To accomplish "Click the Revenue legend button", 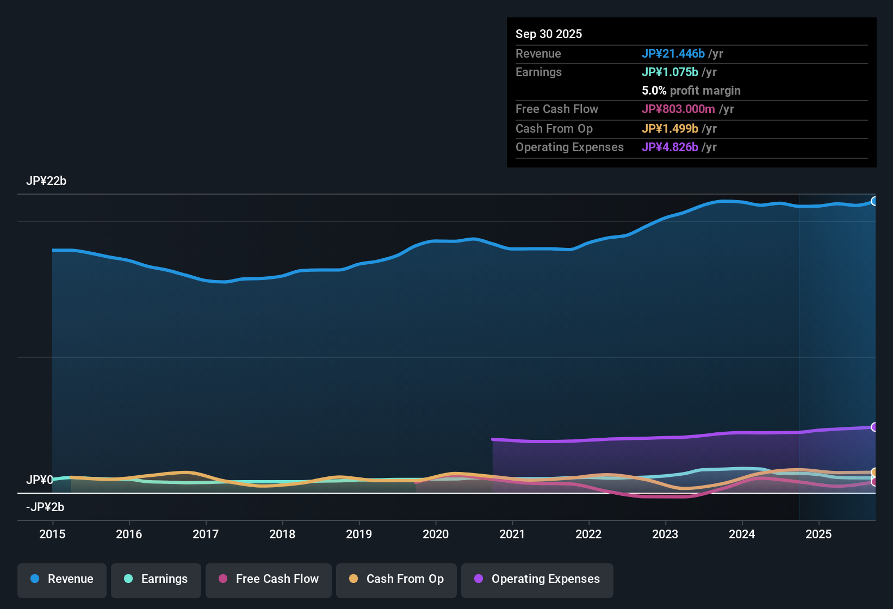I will point(62,579).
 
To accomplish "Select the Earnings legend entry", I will point(156,579).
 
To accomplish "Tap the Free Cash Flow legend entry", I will point(269,579).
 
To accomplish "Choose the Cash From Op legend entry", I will point(396,579).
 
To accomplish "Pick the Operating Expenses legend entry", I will point(537,579).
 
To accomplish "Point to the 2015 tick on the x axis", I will point(52,534).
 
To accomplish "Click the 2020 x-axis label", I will point(436,534).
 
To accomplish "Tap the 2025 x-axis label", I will point(818,534).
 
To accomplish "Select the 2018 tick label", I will point(282,534).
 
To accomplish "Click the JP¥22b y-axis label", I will point(46,181).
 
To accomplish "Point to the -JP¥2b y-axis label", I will point(45,507).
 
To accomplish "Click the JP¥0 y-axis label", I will point(40,480).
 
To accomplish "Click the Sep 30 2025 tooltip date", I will point(549,34).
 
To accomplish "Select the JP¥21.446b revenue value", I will point(673,53).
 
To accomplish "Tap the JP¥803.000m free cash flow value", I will point(678,109).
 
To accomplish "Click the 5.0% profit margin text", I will point(691,90).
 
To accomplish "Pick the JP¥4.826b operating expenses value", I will point(669,147).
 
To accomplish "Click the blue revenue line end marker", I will point(874,201).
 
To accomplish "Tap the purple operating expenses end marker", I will point(874,427).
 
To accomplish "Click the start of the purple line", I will point(493,439).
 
